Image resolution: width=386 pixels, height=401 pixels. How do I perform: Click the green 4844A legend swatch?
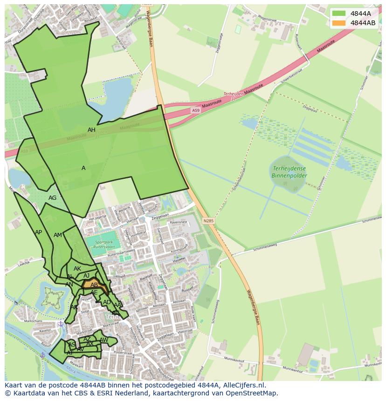coord(339,14)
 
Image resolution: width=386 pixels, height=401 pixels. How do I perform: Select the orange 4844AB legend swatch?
coord(339,23)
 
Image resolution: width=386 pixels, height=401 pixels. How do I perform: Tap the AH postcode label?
coord(91,130)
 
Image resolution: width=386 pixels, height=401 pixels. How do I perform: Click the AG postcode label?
coord(52,198)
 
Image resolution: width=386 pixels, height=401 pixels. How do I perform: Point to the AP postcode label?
coord(38,232)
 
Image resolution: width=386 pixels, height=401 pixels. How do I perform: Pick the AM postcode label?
coord(57,235)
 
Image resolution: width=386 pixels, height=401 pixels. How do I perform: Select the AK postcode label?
coord(77,269)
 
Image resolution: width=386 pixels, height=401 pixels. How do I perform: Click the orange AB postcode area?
coord(94,285)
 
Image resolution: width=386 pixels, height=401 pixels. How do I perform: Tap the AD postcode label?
coord(107,302)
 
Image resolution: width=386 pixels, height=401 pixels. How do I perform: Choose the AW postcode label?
coord(103,340)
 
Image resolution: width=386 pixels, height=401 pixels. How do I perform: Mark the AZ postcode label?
coord(87,339)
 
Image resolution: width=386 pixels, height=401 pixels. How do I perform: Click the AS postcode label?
coord(72,345)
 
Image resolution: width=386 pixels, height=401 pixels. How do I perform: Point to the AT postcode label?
coord(69,353)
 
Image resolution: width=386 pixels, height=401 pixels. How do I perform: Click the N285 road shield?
coord(208,220)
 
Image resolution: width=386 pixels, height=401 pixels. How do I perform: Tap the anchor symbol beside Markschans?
coord(60,324)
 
